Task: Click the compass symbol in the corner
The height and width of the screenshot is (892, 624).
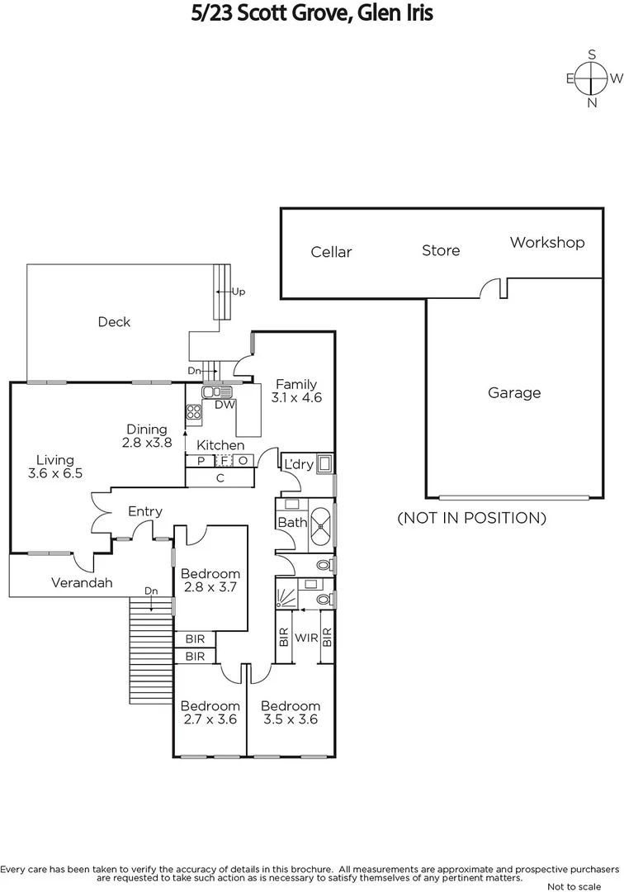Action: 592,78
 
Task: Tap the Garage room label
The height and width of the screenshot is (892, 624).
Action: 514,393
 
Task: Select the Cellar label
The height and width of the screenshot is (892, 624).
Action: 331,252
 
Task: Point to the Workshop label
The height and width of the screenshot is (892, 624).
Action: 546,242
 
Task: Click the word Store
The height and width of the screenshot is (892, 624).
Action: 441,250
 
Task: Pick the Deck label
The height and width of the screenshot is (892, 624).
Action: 114,322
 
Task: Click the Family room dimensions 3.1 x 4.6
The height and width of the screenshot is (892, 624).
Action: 296,397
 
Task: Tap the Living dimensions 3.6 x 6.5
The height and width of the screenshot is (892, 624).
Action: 54,474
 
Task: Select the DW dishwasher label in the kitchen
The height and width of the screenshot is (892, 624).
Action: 225,405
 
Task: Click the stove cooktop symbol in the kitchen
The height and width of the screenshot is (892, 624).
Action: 194,410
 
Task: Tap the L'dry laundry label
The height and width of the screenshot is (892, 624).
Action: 298,465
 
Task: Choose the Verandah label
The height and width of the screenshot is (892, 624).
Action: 82,583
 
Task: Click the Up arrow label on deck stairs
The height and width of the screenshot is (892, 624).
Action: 239,292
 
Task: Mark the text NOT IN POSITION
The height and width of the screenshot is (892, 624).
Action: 471,519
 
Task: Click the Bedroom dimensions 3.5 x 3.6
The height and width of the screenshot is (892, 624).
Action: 290,719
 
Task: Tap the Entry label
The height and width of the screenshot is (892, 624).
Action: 145,512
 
